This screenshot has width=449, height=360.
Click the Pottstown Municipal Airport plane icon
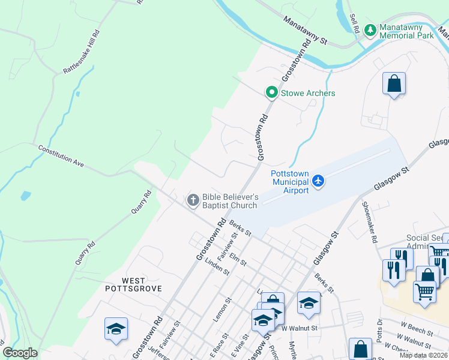(x=318, y=181)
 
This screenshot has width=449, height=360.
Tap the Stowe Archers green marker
(x=271, y=92)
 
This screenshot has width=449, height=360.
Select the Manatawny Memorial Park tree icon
(x=370, y=30)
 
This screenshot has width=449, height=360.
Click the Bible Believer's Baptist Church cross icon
(x=193, y=200)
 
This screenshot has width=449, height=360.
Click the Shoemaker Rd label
(x=369, y=221)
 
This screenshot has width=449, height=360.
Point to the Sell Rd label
(x=354, y=24)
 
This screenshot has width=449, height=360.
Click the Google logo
(x=20, y=353)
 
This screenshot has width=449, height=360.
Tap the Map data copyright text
(x=424, y=355)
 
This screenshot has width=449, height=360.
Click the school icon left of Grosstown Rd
(x=116, y=329)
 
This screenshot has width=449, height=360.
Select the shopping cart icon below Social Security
(x=424, y=292)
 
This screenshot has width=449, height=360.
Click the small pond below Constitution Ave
(x=25, y=195)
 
